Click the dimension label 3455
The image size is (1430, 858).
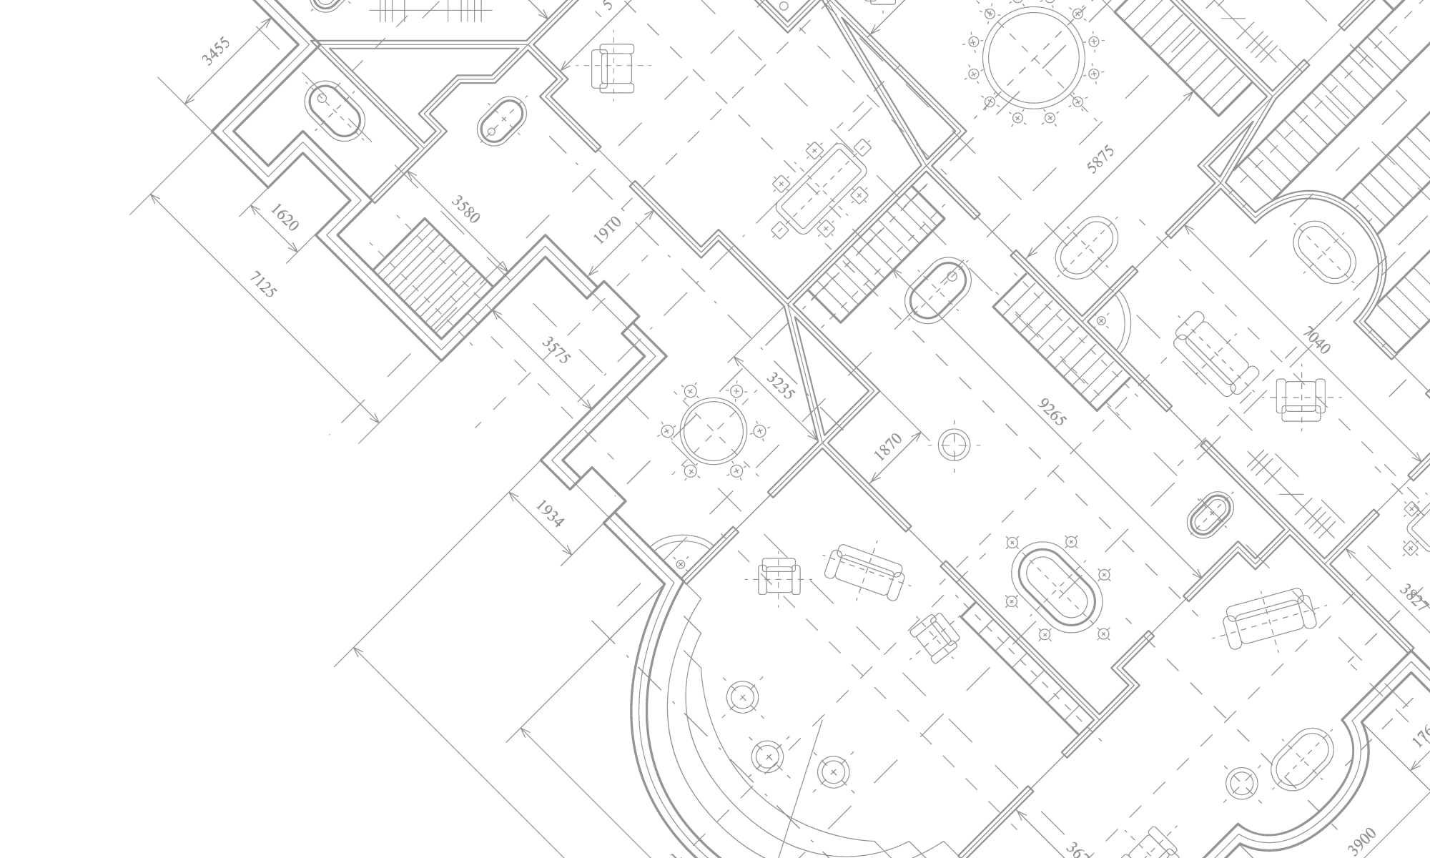coord(216,51)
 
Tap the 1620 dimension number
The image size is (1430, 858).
coord(285,217)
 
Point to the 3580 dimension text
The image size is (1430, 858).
coord(465,209)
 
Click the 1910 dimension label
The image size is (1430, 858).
coord(608,230)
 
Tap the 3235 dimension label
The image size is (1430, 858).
coord(780,385)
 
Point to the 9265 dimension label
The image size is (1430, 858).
coord(1052,413)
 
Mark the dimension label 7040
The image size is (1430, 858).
coord(1317,340)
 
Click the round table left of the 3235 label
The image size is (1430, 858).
coord(713,431)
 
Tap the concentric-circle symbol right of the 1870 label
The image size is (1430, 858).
coord(954,445)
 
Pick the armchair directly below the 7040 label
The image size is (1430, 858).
coord(1301,400)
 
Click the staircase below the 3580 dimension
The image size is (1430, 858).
coord(433,279)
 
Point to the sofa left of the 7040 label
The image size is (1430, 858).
coord(1215,353)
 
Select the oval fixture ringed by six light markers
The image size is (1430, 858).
coord(1057,586)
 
